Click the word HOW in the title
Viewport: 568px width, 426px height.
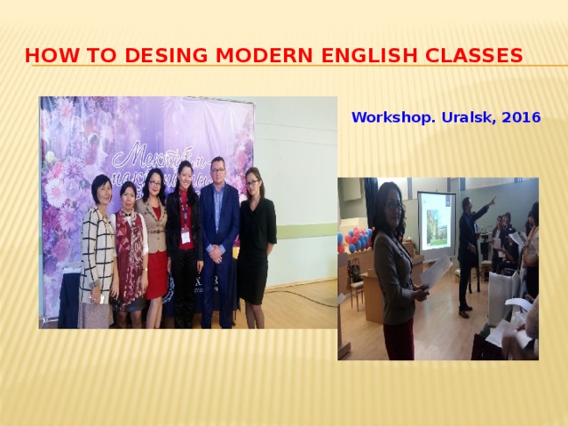click(45, 56)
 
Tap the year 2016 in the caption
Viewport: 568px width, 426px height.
click(521, 116)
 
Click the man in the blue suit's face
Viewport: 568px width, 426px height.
click(217, 170)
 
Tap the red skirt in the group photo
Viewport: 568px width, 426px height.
click(156, 275)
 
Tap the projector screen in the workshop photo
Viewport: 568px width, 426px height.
click(437, 221)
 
